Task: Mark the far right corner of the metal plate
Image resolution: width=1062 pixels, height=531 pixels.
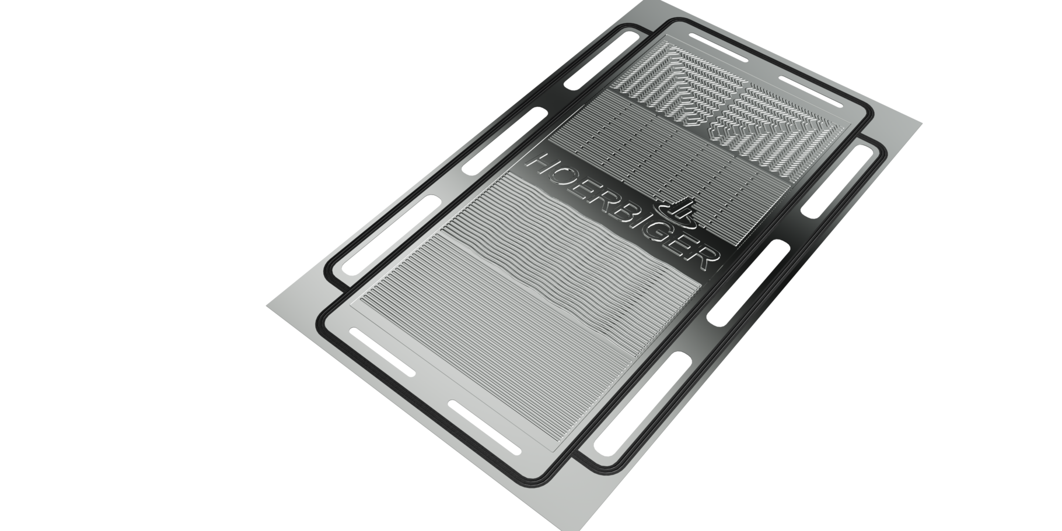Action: point(922,122)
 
